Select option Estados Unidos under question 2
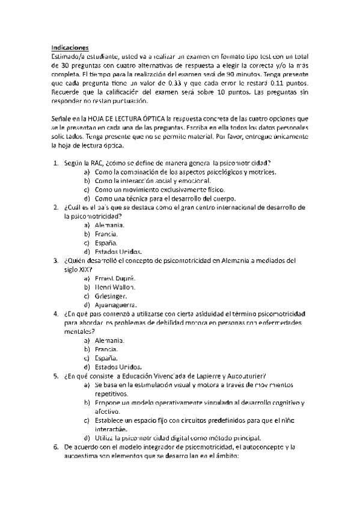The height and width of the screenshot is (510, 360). point(118,251)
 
